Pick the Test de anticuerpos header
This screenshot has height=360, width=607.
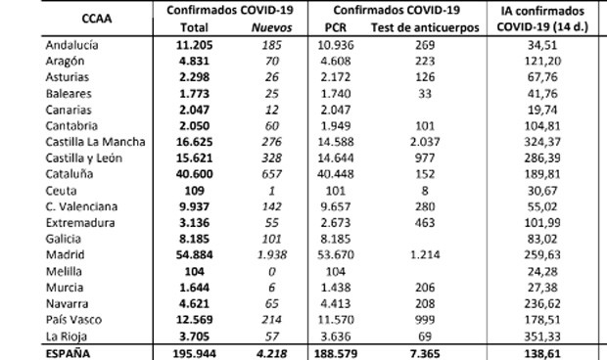(x=426, y=28)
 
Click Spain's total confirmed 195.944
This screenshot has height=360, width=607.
(x=193, y=352)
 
